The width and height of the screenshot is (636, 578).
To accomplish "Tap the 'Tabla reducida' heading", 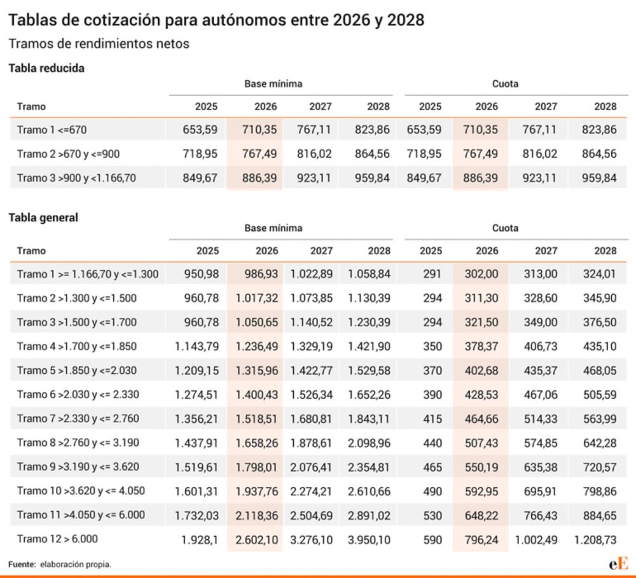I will coord(46,68).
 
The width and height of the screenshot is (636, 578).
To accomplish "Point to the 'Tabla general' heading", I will coord(43,217).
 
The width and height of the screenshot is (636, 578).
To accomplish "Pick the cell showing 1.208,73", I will coord(595,539).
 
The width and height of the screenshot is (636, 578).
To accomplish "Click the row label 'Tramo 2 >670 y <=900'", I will coord(68,154).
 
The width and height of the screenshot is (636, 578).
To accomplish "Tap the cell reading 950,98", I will coord(201,274).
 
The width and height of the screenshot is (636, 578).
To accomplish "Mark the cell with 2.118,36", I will coord(256,515).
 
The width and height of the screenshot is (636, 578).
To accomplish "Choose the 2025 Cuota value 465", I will coord(432,467).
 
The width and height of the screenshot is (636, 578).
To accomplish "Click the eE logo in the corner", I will coord(618,563).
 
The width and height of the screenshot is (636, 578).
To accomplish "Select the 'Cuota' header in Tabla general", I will coord(505,228).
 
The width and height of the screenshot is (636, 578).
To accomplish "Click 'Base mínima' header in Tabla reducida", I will coord(273,83).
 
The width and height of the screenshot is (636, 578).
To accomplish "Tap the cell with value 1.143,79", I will coord(197,347).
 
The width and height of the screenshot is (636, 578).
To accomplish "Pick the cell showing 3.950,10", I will coord(370,539).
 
